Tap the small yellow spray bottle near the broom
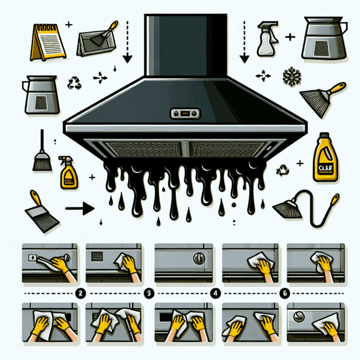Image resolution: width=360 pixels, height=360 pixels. (x=67, y=172)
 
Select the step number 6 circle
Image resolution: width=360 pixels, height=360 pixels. (x=283, y=293)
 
